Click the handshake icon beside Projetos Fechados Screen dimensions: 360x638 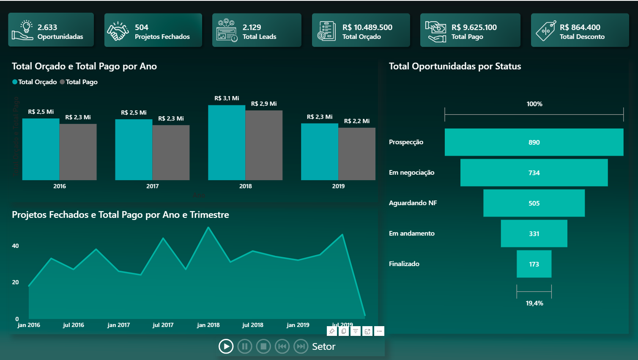[x=118, y=31]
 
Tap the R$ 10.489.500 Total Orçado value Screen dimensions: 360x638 [x=367, y=27]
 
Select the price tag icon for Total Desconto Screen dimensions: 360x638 [x=545, y=31]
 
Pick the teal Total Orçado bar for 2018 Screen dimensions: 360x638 [x=227, y=143]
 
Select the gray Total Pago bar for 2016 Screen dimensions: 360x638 [x=78, y=152]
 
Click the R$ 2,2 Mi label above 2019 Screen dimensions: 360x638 [x=356, y=121]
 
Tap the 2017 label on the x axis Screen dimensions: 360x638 [x=152, y=186]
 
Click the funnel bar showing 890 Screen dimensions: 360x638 [x=534, y=142]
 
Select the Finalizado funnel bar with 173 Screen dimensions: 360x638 [x=534, y=264]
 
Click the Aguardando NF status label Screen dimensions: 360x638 [x=413, y=203]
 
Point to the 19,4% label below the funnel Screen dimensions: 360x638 [x=534, y=303]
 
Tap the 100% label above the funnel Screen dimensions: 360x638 [x=534, y=104]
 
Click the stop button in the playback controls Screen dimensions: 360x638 [x=263, y=346]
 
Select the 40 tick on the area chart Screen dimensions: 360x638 [x=16, y=246]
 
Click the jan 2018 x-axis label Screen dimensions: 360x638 [x=208, y=325]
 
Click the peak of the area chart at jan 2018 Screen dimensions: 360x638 [x=208, y=228]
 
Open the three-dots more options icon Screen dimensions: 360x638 [x=379, y=331]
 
